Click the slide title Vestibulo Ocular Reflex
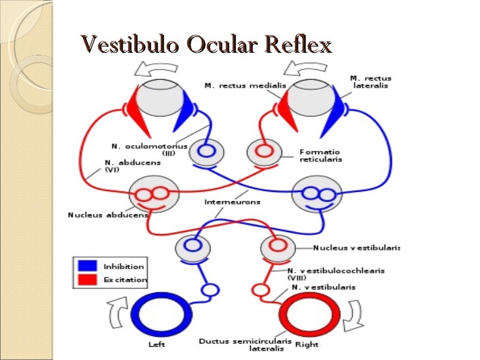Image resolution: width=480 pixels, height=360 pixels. point(205,45)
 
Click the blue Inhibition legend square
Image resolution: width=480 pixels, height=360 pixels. point(87,266)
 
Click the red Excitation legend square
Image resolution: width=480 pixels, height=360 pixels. point(87,280)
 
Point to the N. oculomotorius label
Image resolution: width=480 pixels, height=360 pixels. point(149,146)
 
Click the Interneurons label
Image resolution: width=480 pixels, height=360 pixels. point(232,202)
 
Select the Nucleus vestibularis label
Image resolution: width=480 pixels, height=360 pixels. point(356,248)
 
